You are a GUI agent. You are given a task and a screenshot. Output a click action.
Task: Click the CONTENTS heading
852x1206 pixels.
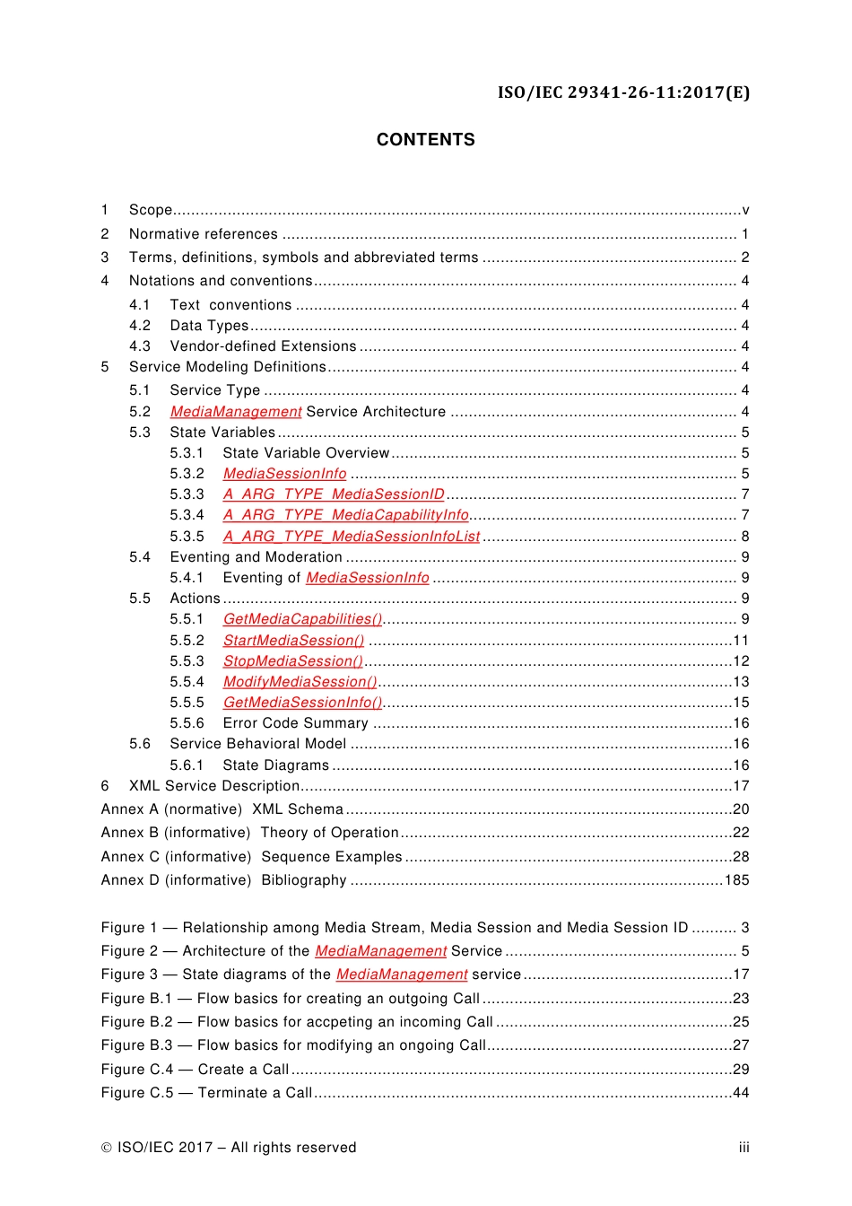click(425, 140)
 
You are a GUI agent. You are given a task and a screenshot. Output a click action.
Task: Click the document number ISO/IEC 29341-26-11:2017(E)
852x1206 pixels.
click(623, 92)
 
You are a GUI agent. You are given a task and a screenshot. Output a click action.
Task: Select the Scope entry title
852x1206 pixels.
click(151, 210)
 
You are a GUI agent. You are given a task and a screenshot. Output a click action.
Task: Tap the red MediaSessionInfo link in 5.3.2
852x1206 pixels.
click(284, 474)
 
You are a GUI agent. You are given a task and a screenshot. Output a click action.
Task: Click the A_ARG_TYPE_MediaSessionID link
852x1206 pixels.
click(334, 494)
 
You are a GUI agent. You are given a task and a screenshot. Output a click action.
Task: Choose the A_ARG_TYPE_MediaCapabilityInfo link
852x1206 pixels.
click(345, 515)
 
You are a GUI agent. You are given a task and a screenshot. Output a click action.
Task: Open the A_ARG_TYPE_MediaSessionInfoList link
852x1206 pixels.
click(352, 537)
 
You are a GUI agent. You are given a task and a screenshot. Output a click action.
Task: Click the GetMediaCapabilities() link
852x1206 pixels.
click(302, 619)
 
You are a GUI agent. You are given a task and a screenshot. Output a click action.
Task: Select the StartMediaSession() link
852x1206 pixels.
click(293, 641)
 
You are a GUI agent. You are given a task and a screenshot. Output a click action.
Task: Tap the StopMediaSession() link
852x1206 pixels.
click(292, 661)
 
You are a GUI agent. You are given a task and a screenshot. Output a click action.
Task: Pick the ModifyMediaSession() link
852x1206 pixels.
click(300, 682)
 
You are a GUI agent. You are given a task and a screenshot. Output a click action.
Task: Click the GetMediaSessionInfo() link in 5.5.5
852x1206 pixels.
click(302, 703)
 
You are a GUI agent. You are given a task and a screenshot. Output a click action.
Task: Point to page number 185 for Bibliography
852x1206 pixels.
click(736, 880)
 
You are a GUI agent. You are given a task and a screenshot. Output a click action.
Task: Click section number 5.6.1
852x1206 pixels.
click(187, 765)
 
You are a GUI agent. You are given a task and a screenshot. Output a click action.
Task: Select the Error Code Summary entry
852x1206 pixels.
click(295, 723)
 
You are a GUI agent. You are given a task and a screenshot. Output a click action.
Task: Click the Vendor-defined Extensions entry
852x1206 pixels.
click(263, 346)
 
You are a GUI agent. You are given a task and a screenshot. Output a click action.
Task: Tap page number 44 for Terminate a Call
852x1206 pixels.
click(741, 1093)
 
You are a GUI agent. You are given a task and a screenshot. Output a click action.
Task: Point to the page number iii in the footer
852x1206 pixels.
click(743, 1148)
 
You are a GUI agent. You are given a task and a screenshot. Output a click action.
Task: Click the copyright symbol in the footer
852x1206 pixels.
click(107, 1148)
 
